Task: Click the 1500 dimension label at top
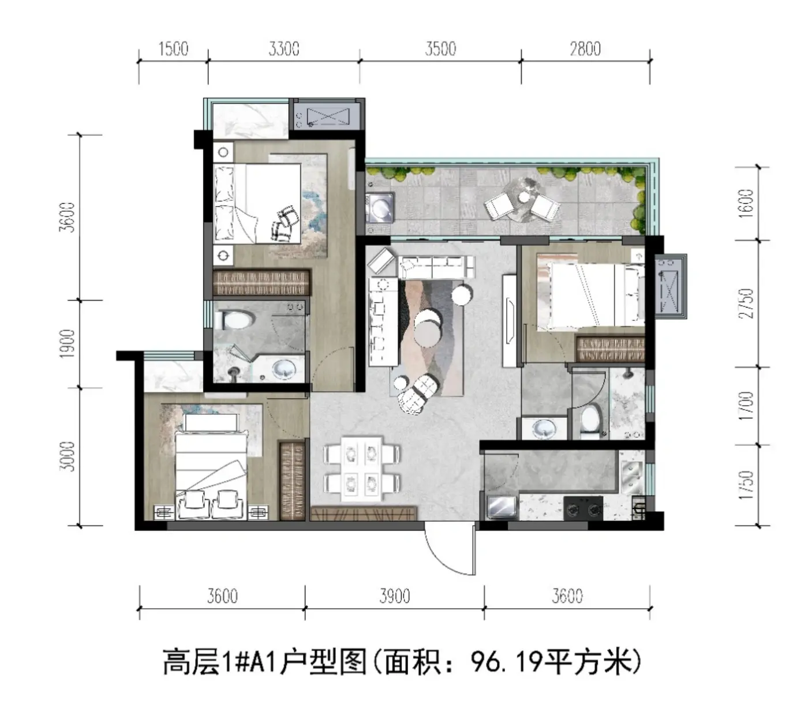(173, 49)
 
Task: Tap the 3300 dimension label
(283, 49)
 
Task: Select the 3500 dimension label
(440, 49)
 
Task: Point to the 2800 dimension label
(585, 49)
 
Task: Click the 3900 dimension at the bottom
(394, 596)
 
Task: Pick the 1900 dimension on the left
(67, 343)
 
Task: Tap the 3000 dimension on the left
(67, 456)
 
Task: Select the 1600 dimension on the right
(746, 203)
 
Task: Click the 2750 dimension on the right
(746, 304)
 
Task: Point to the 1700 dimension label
(746, 406)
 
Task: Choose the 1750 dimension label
(746, 485)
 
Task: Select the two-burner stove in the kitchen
(583, 508)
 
